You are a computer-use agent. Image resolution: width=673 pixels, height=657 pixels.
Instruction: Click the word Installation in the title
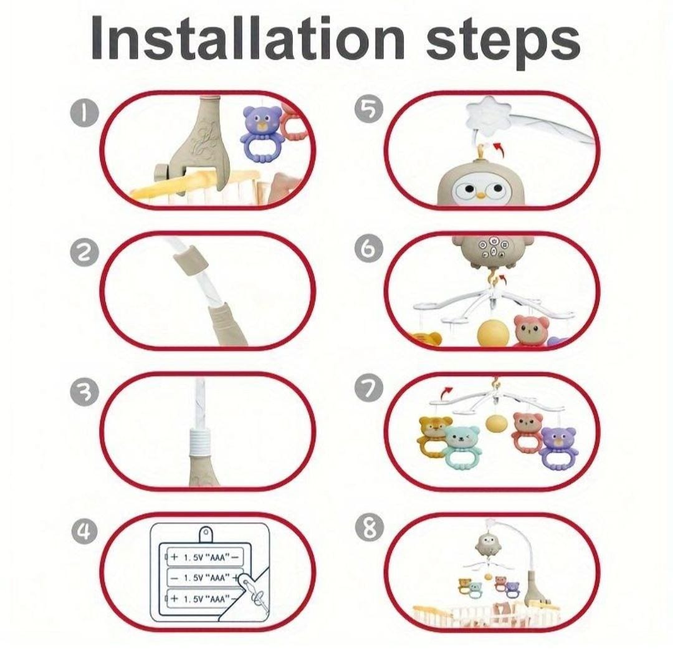click(247, 38)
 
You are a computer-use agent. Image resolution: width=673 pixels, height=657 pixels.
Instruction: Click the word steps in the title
click(503, 43)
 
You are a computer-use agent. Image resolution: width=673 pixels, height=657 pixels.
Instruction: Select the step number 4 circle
click(85, 531)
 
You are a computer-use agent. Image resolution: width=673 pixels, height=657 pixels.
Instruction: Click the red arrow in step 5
click(498, 151)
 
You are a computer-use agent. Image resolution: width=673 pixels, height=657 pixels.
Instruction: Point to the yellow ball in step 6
click(494, 333)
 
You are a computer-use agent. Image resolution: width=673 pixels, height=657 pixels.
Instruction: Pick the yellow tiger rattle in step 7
click(434, 436)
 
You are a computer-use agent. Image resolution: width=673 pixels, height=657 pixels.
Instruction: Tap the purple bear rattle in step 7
click(558, 448)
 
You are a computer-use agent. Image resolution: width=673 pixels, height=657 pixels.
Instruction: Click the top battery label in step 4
click(205, 557)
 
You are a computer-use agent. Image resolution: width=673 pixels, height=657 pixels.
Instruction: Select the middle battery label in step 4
click(205, 578)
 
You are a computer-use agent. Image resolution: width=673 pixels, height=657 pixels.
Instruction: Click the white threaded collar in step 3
click(198, 443)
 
